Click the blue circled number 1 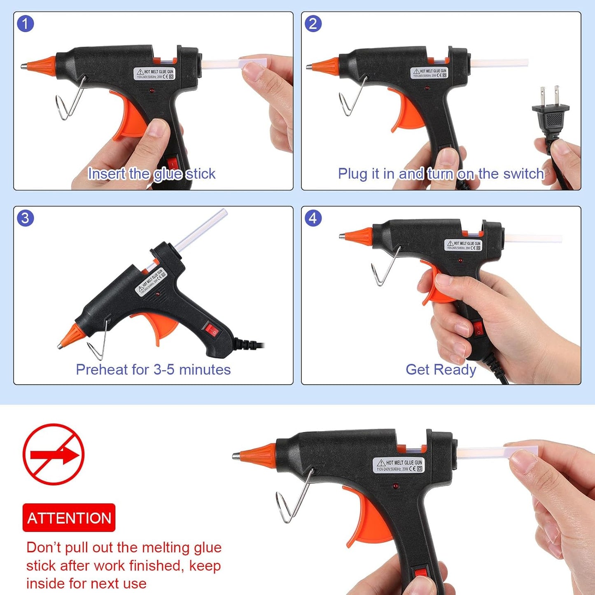(25, 24)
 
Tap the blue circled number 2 (313, 24)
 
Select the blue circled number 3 (25, 218)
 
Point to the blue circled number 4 (313, 218)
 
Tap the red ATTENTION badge (69, 518)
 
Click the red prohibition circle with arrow (54, 455)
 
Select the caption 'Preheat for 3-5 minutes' (153, 369)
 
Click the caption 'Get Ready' (441, 369)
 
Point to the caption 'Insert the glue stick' (152, 174)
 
